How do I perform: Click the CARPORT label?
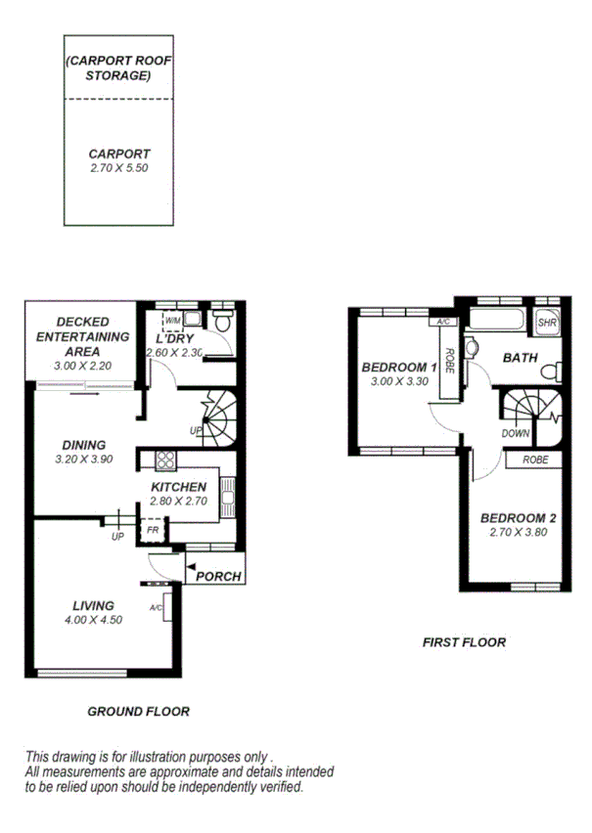119,153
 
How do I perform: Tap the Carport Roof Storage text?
119,68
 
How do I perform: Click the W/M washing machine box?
173,320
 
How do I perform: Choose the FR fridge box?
152,530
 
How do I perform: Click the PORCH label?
218,576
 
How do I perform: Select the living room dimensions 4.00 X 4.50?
94,620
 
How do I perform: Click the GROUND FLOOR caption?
138,712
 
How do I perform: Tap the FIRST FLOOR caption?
464,642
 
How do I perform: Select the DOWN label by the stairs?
516,433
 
